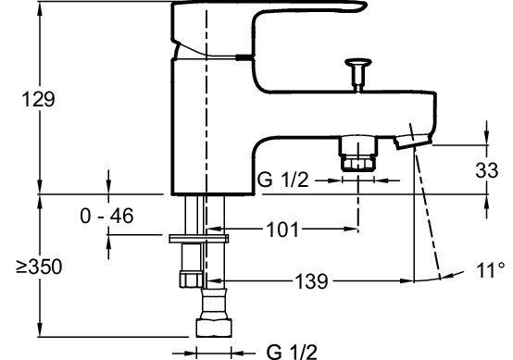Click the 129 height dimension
pyautogui.click(x=38, y=99)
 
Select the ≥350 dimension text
pyautogui.click(x=39, y=267)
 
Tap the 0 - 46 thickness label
pyautogui.click(x=106, y=216)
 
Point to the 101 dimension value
pyautogui.click(x=283, y=230)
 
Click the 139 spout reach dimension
pyautogui.click(x=311, y=281)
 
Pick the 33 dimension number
pyautogui.click(x=487, y=170)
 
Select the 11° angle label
pyautogui.click(x=491, y=270)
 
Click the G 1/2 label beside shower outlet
pyautogui.click(x=282, y=180)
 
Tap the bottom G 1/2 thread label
pyautogui.click(x=292, y=352)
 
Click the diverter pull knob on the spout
pyautogui.click(x=358, y=74)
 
